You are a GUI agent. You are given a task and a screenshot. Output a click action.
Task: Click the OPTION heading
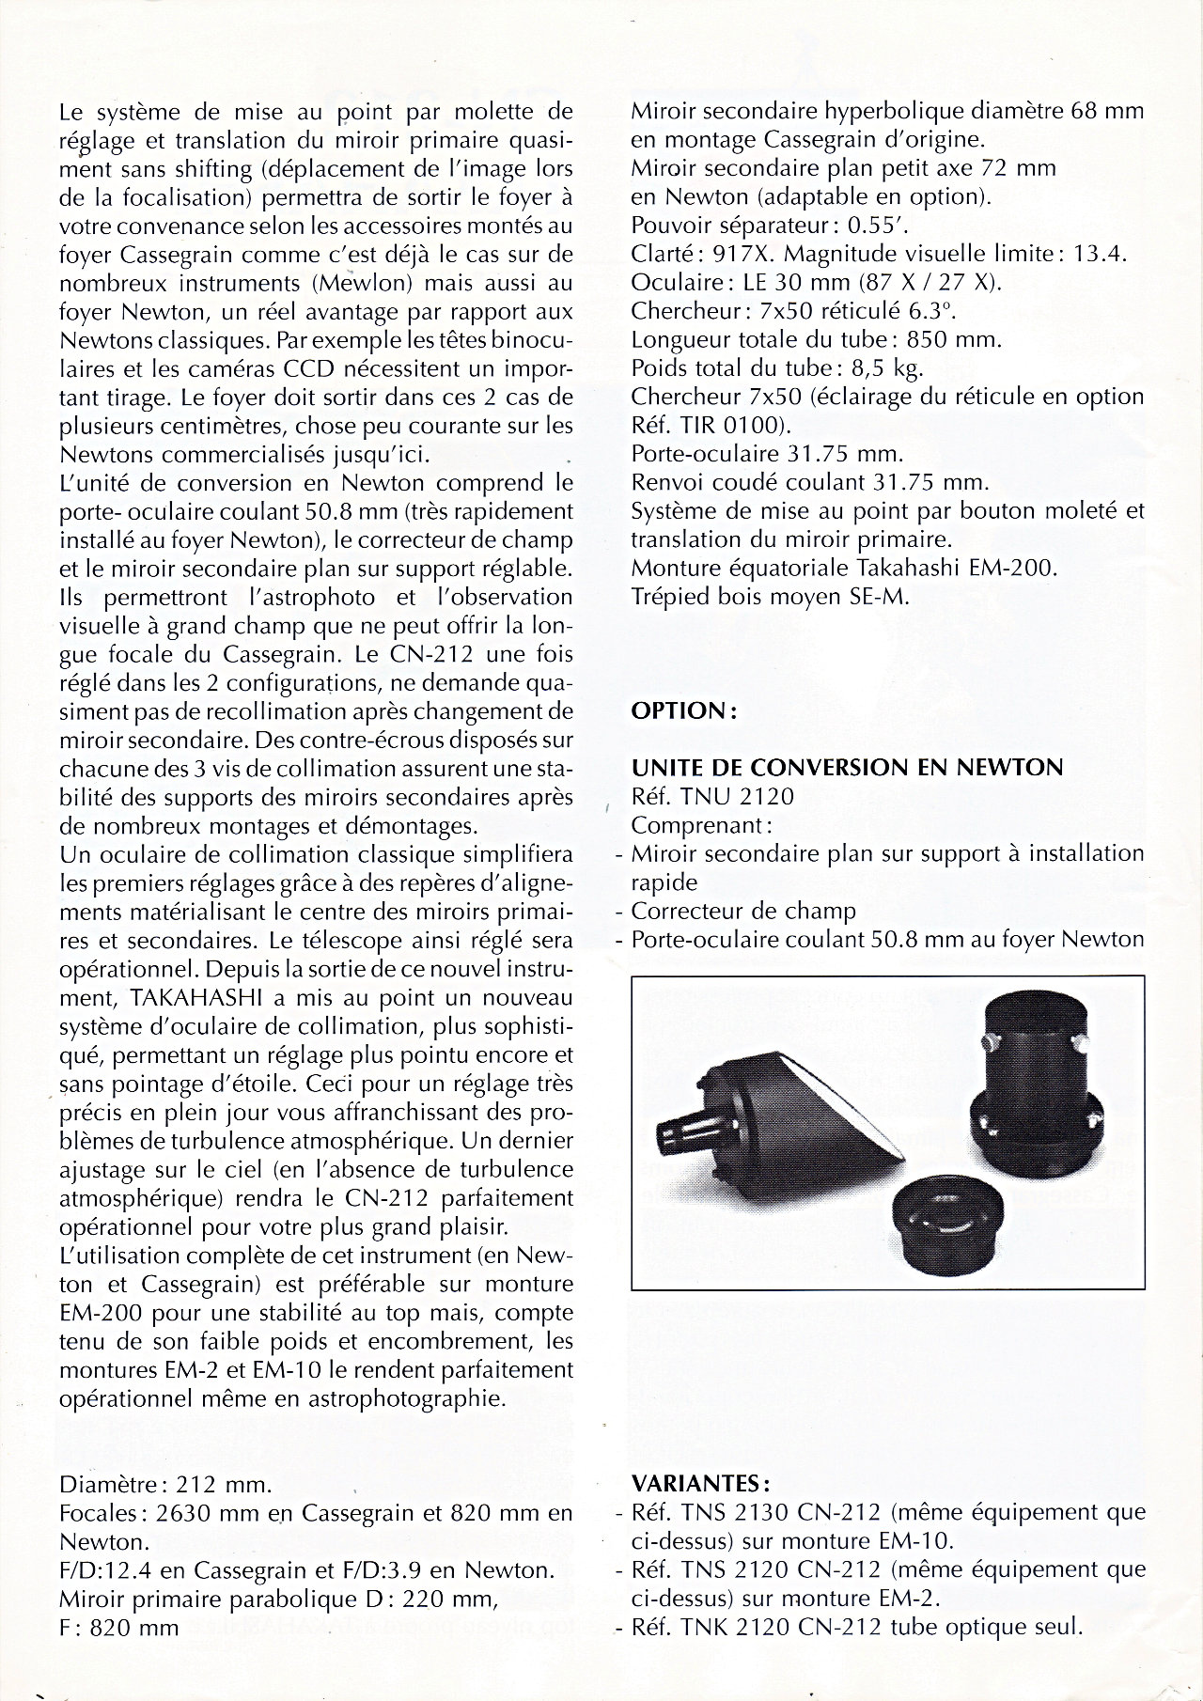(x=683, y=710)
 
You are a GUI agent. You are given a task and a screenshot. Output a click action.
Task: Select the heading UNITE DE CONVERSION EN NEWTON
(x=847, y=768)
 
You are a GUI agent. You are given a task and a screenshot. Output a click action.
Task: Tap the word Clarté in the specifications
(x=661, y=254)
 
